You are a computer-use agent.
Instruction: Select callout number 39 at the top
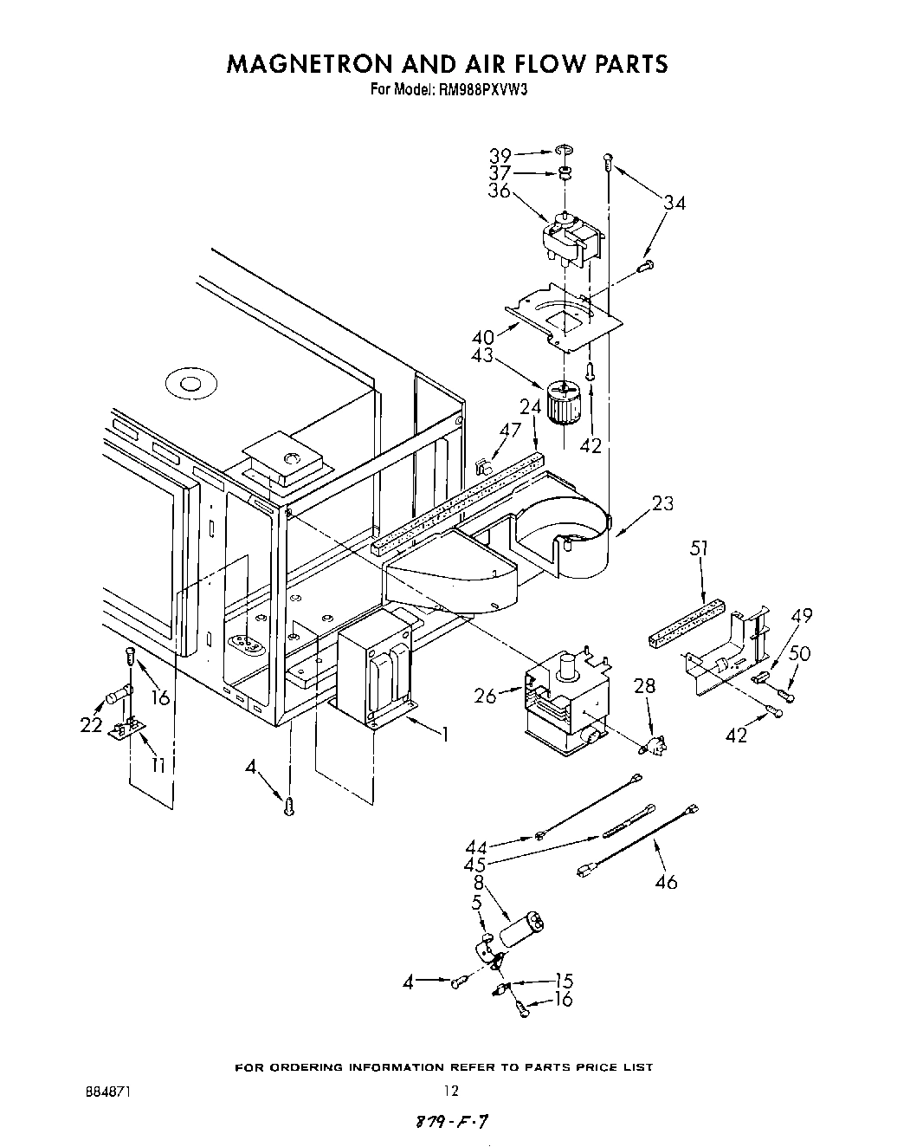[x=500, y=156]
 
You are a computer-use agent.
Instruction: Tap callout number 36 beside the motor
[x=499, y=191]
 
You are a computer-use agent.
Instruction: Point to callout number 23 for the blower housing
[x=662, y=502]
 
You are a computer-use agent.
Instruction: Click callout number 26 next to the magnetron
[x=485, y=694]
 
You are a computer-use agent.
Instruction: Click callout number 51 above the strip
[x=700, y=548]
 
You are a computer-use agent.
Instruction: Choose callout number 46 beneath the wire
[x=667, y=882]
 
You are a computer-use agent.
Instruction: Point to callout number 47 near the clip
[x=511, y=430]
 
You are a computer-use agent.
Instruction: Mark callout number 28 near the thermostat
[x=645, y=687]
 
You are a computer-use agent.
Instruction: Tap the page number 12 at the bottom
[x=449, y=1091]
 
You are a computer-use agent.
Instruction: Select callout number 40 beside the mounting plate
[x=482, y=337]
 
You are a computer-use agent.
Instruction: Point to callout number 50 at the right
[x=801, y=653]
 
